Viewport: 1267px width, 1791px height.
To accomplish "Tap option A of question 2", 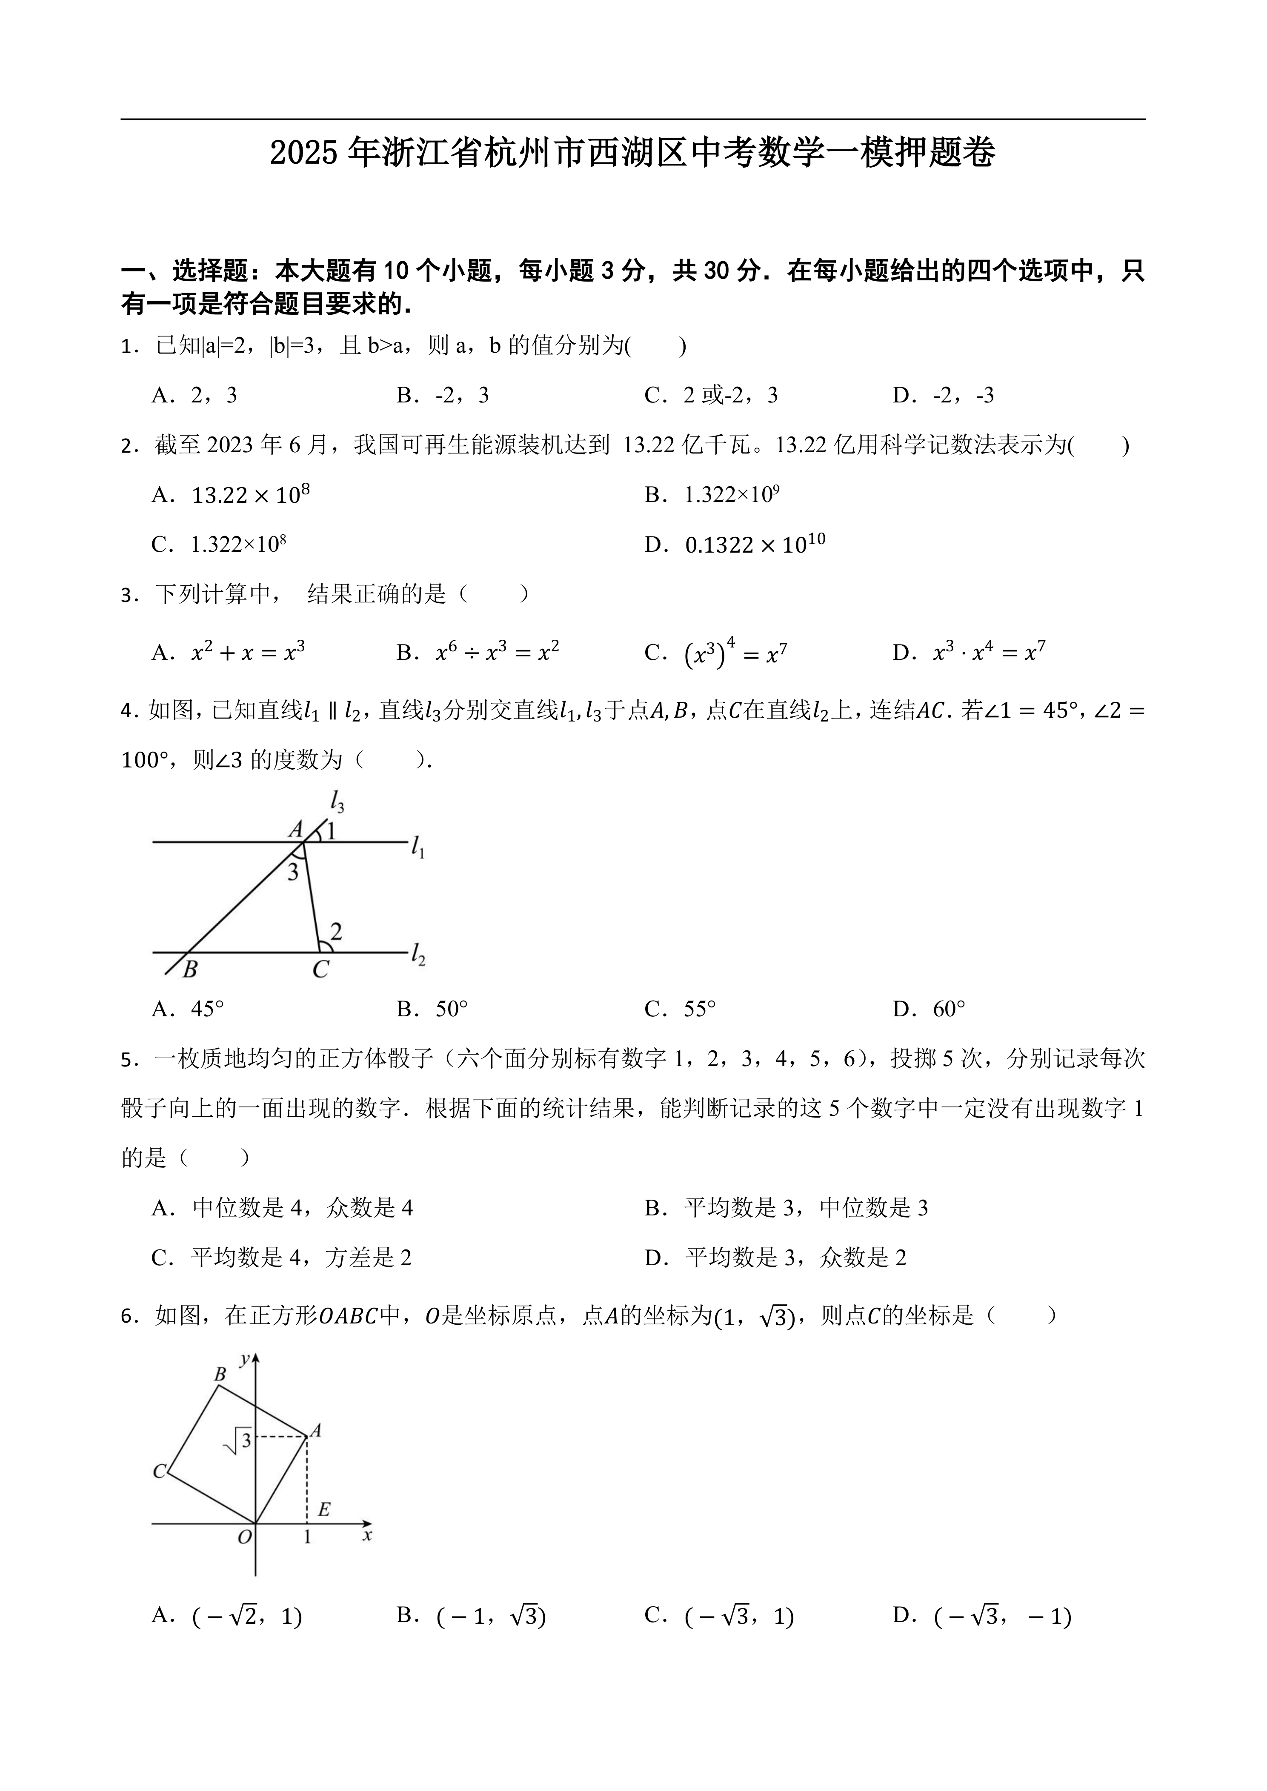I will click(231, 495).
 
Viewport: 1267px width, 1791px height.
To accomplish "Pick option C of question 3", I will click(715, 653).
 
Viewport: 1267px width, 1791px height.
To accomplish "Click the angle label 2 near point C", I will click(336, 931).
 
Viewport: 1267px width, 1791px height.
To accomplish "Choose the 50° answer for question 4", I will click(432, 1010).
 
